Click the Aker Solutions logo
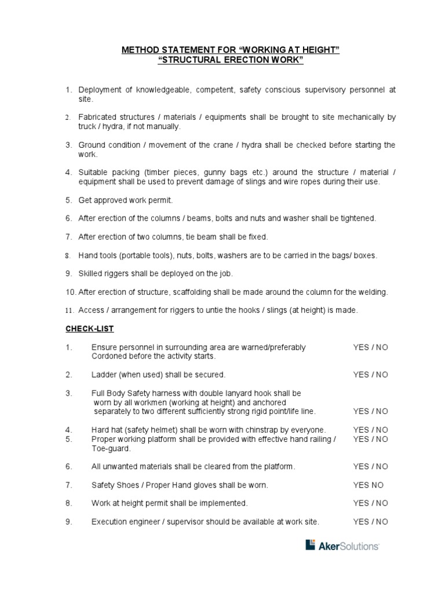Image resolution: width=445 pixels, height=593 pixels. [x=342, y=545]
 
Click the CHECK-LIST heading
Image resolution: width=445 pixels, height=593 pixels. [x=89, y=329]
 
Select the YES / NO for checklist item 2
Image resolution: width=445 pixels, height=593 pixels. [x=370, y=375]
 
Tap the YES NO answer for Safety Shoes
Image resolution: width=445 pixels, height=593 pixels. [x=368, y=485]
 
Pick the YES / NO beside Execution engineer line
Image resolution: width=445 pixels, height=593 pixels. [x=370, y=522]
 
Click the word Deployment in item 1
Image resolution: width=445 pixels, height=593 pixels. [x=101, y=90]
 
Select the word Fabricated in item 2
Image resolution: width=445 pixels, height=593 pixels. [x=99, y=117]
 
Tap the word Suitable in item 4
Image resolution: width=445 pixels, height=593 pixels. [x=94, y=172]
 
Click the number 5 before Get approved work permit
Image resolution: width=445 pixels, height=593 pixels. [x=68, y=200]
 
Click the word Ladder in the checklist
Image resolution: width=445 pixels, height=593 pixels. [x=103, y=375]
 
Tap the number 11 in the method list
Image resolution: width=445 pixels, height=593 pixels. [x=68, y=310]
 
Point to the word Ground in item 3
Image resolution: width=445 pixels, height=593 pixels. [x=92, y=145]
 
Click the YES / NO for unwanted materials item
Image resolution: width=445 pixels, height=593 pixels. [x=370, y=466]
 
